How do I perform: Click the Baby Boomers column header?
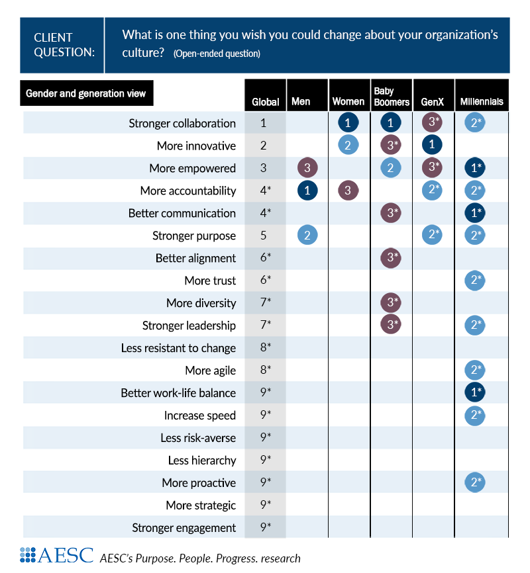[x=391, y=96]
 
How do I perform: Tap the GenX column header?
[x=433, y=102]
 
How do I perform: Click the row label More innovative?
[x=196, y=146]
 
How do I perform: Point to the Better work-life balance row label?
[x=178, y=392]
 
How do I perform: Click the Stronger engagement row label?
[x=184, y=527]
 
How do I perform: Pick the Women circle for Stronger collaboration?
[x=348, y=123]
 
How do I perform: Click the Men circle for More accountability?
[x=307, y=191]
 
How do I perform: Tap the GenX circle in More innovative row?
[x=432, y=146]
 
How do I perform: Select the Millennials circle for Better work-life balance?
[x=475, y=392]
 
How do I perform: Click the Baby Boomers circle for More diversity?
[x=390, y=303]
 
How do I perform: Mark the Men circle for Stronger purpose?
[x=307, y=236]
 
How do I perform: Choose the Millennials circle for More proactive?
[x=475, y=482]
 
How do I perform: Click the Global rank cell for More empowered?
[x=264, y=168]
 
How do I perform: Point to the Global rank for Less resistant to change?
[x=265, y=347]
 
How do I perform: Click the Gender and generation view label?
[x=86, y=93]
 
